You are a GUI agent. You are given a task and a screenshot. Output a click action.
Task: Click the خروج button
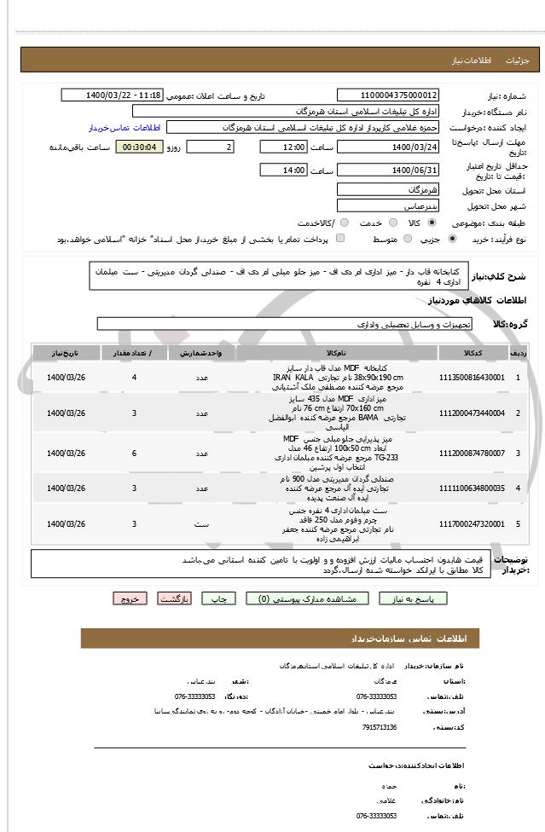tap(130, 599)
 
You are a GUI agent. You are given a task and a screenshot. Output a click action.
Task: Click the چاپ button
tap(223, 599)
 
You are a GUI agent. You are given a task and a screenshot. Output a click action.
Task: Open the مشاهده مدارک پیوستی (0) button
tap(313, 599)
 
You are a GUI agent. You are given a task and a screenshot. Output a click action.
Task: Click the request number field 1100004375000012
tap(388, 95)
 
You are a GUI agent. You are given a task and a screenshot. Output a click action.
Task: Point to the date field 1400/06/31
tap(388, 170)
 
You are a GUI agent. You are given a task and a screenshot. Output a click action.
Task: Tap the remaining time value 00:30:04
tap(139, 147)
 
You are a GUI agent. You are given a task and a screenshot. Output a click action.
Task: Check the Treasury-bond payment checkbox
tap(341, 240)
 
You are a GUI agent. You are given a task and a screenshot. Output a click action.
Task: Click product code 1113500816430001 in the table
tap(472, 377)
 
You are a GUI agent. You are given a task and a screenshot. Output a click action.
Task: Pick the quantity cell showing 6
tap(134, 454)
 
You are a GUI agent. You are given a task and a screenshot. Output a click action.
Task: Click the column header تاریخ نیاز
tap(65, 352)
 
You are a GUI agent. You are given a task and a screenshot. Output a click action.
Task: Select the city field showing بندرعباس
tap(388, 206)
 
